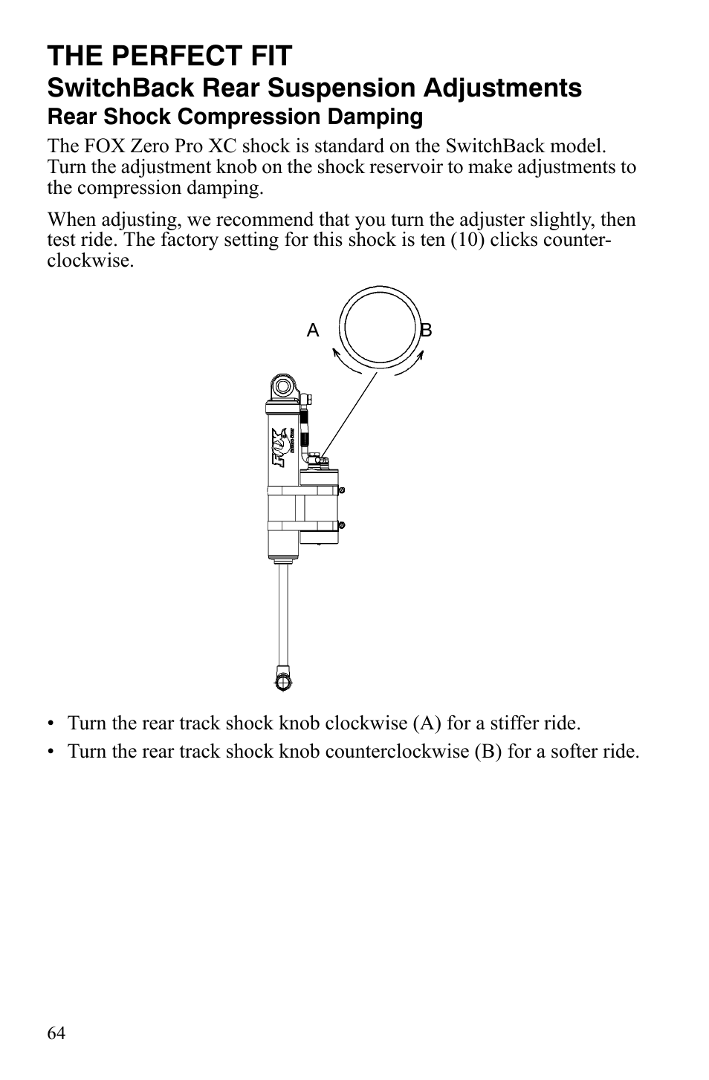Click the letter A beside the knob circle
313,331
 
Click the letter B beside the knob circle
426,331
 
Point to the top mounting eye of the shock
282,386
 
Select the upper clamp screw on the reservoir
341,490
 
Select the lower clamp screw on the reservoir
341,525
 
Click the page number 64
56,1033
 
